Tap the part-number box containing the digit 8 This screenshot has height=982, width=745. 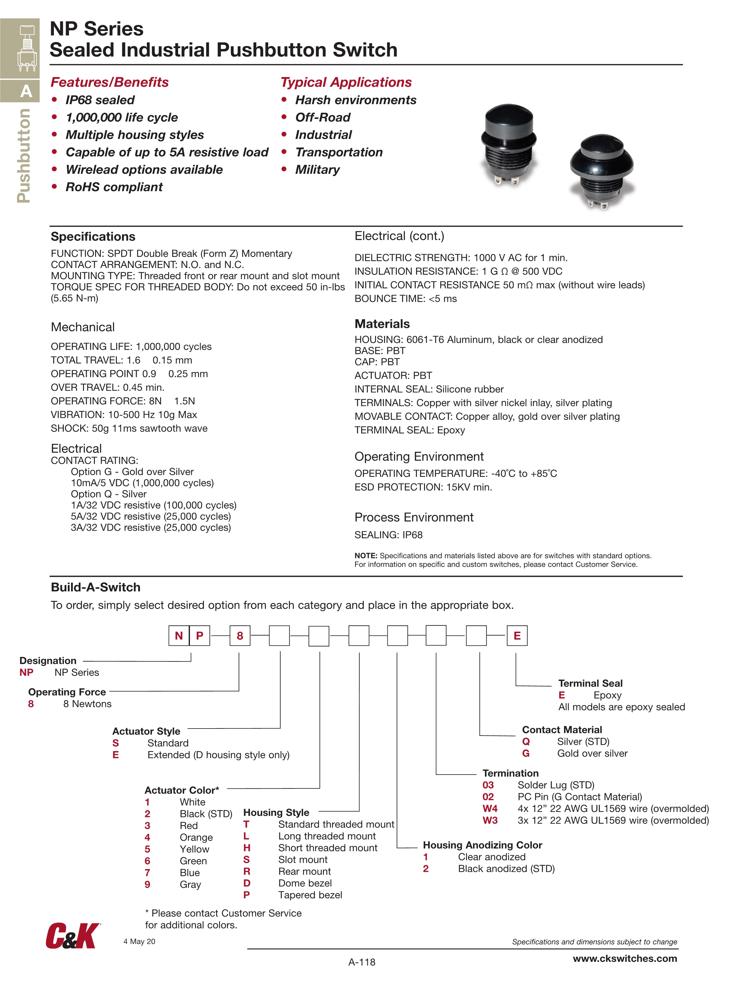pyautogui.click(x=240, y=636)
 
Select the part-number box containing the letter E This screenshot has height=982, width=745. pyautogui.click(x=517, y=636)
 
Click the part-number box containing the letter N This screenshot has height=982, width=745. pyautogui.click(x=179, y=636)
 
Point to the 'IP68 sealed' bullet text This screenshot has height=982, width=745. pyautogui.click(x=100, y=100)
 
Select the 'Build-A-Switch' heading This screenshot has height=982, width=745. pyautogui.click(x=95, y=587)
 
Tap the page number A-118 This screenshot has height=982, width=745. pyautogui.click(x=362, y=962)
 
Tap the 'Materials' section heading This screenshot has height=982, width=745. pyautogui.click(x=382, y=324)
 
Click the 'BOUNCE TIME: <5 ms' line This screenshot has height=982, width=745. pyautogui.click(x=405, y=299)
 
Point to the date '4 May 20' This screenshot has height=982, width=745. pyautogui.click(x=139, y=942)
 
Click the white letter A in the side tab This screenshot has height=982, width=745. pyautogui.click(x=26, y=92)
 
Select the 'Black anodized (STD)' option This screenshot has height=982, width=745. pyautogui.click(x=506, y=869)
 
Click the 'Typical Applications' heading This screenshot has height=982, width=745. pyautogui.click(x=346, y=82)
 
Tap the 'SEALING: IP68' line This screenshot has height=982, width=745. pyautogui.click(x=389, y=535)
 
